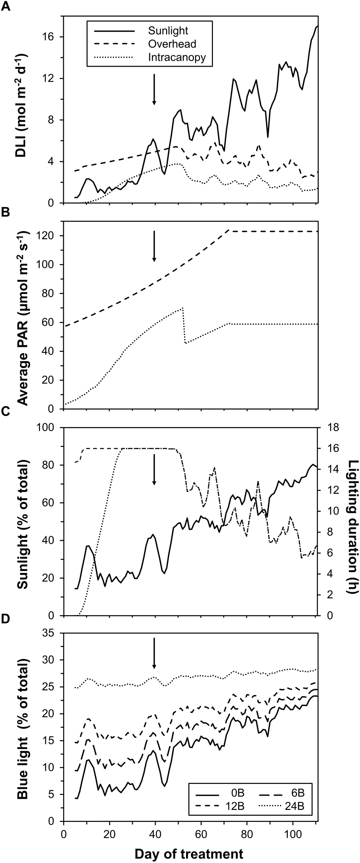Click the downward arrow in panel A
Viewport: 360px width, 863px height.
click(154, 89)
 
